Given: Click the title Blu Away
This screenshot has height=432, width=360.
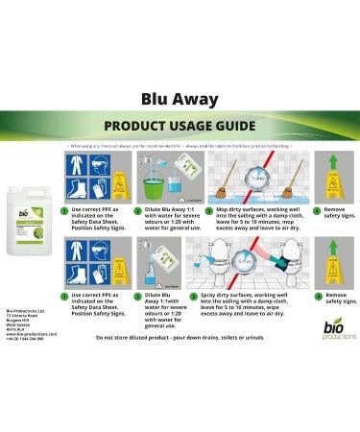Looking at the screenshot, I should point(180,99).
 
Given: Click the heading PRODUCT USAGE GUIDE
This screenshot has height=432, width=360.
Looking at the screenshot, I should point(179,126).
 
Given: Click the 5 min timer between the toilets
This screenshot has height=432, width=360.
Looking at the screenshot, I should point(247,261).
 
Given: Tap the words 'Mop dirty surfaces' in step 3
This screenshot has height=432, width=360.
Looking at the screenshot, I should point(237,206).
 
